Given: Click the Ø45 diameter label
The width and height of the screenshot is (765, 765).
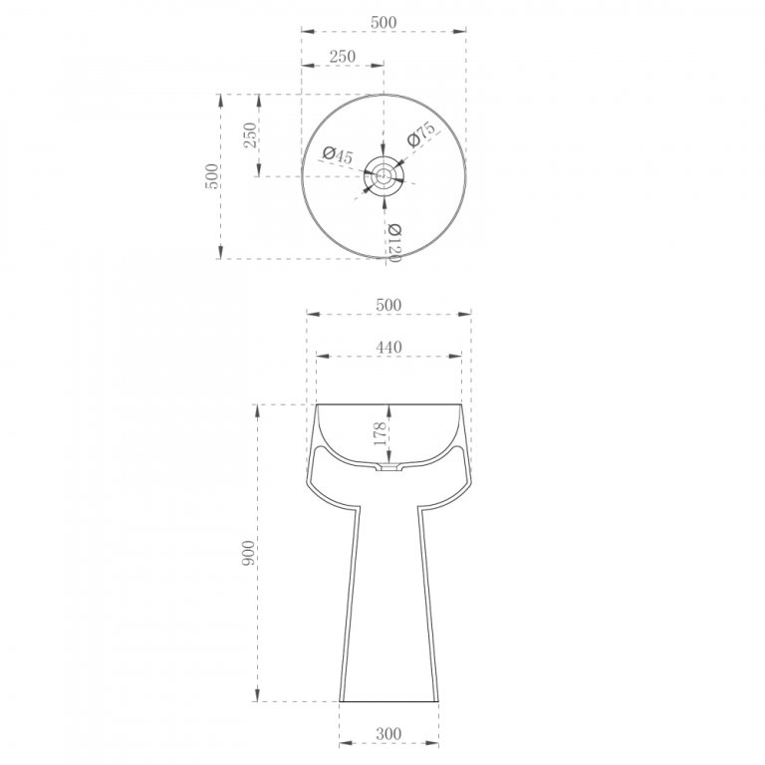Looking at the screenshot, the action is point(337,155).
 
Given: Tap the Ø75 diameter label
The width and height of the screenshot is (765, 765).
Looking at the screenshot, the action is point(420,134).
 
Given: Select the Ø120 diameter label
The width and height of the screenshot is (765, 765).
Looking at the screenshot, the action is point(394,242).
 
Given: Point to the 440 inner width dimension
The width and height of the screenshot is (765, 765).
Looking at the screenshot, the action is point(388,347).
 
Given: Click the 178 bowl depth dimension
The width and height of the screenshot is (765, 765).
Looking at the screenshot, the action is point(381,433).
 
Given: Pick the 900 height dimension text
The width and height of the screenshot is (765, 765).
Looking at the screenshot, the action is point(248,553).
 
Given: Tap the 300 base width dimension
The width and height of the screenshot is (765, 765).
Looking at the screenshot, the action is point(388,733).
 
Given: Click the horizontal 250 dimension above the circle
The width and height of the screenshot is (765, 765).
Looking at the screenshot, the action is point(342,57).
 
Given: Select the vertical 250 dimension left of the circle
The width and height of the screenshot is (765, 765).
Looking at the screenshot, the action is point(249,135).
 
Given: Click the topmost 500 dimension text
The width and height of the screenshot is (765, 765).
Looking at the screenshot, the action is point(383,23).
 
